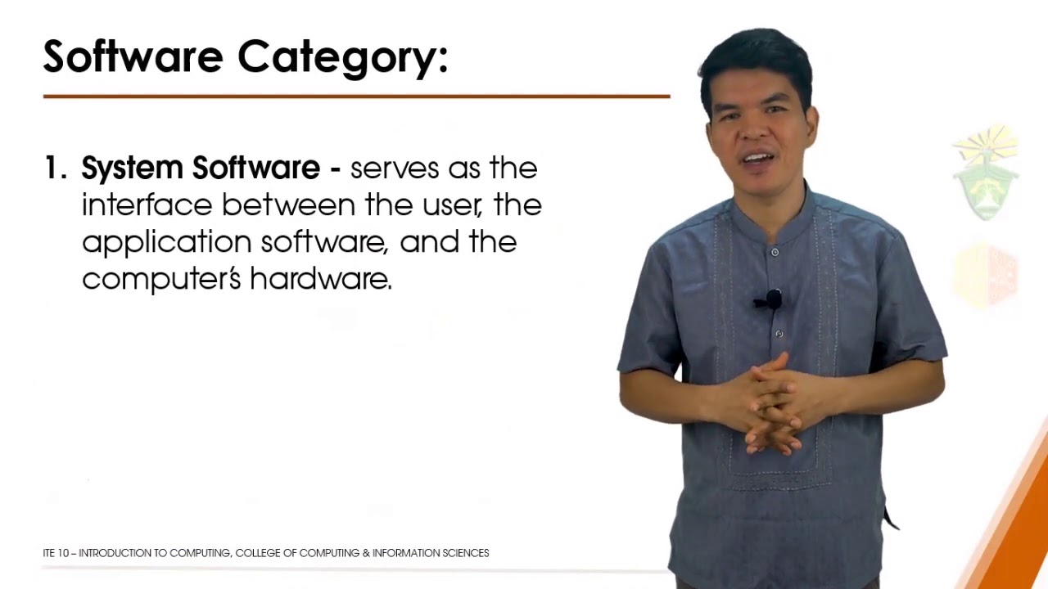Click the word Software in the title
[133, 56]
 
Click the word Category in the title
[342, 57]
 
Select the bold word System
[133, 169]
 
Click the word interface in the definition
[147, 205]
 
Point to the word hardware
[320, 280]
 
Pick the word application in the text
[166, 243]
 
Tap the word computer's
[161, 280]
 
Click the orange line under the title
[356, 97]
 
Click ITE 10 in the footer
[56, 554]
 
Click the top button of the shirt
[775, 252]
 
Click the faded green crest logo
[985, 176]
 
